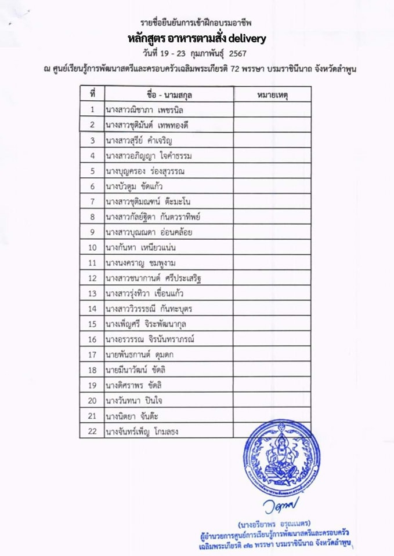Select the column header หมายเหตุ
(272, 94)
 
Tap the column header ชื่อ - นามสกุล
(169, 94)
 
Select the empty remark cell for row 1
(272, 109)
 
